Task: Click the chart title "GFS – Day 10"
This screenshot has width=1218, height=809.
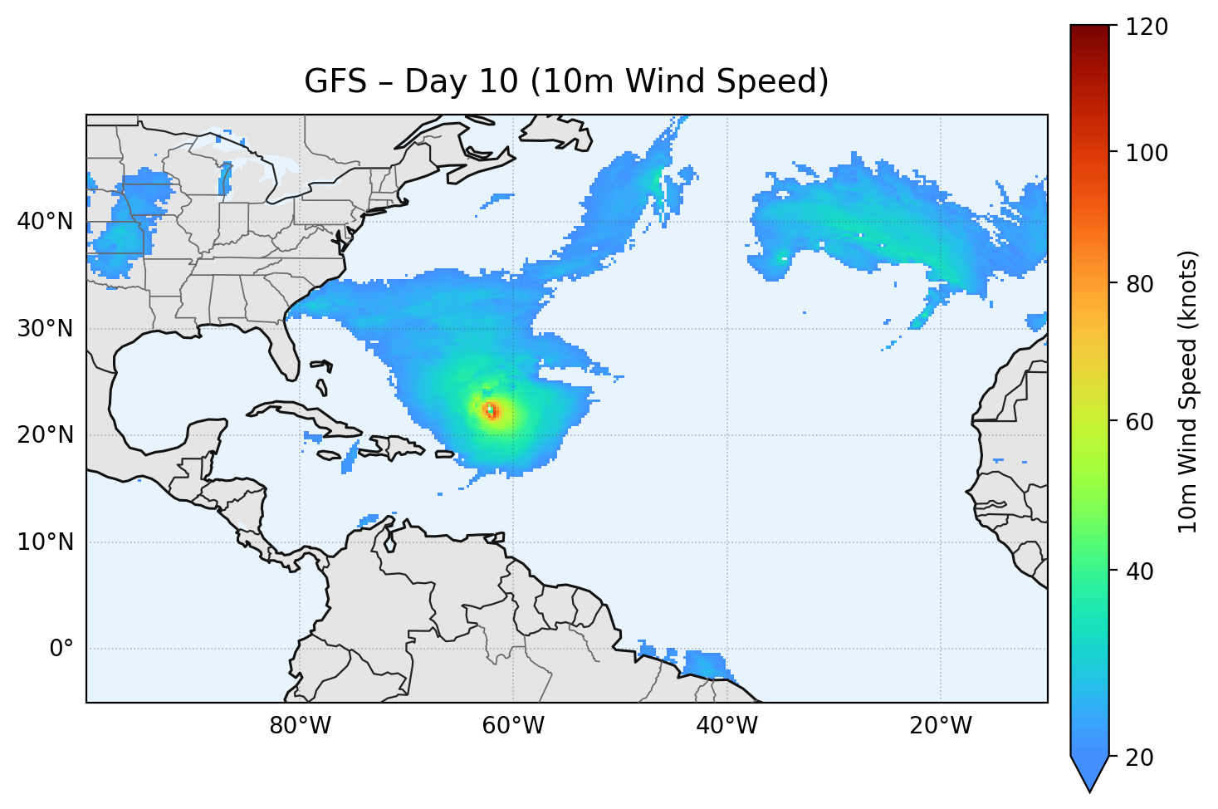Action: click(566, 81)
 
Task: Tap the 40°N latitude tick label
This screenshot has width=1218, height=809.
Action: click(45, 222)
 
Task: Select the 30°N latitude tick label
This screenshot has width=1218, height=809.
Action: click(45, 329)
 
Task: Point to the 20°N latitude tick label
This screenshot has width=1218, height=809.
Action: click(45, 435)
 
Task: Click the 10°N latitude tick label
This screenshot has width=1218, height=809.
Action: click(45, 542)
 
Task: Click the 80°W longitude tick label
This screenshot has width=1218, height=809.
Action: click(300, 726)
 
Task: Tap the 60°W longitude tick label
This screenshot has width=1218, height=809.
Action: click(513, 726)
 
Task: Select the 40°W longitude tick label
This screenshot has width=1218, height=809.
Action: click(726, 726)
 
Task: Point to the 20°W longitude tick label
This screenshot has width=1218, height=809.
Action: click(940, 726)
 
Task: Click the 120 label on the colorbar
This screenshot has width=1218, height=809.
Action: click(1147, 27)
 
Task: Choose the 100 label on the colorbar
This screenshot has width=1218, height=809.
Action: click(1147, 153)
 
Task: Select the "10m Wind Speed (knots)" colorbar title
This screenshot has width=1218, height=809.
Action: click(1188, 391)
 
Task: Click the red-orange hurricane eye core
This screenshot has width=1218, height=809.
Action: click(492, 410)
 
